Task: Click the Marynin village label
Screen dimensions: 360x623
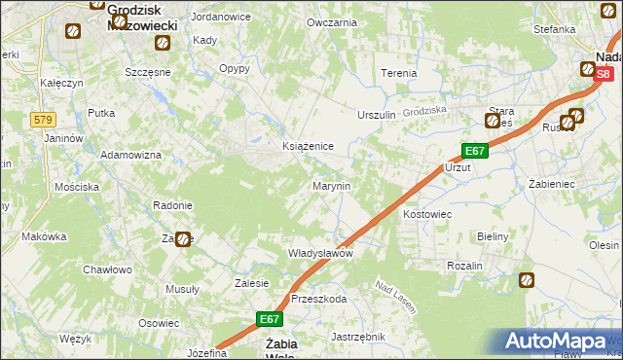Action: (x=331, y=185)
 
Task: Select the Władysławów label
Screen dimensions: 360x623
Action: (x=319, y=253)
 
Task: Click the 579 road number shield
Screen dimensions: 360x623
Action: (x=42, y=120)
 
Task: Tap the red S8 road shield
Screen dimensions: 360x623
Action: (x=605, y=74)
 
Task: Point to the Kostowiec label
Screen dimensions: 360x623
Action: (x=426, y=212)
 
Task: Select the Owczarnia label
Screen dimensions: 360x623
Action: (x=331, y=21)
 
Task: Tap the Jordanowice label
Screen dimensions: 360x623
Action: (x=222, y=18)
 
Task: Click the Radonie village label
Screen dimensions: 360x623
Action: (x=172, y=205)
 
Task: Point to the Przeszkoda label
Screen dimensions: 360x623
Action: (x=318, y=300)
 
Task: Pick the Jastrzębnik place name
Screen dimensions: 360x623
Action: (x=359, y=337)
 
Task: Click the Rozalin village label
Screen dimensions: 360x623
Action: (x=465, y=266)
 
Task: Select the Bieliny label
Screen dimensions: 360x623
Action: (x=495, y=236)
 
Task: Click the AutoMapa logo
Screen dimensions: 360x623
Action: (x=557, y=342)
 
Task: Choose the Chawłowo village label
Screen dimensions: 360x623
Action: (x=107, y=270)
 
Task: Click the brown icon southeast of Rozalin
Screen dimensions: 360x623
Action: (x=527, y=281)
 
